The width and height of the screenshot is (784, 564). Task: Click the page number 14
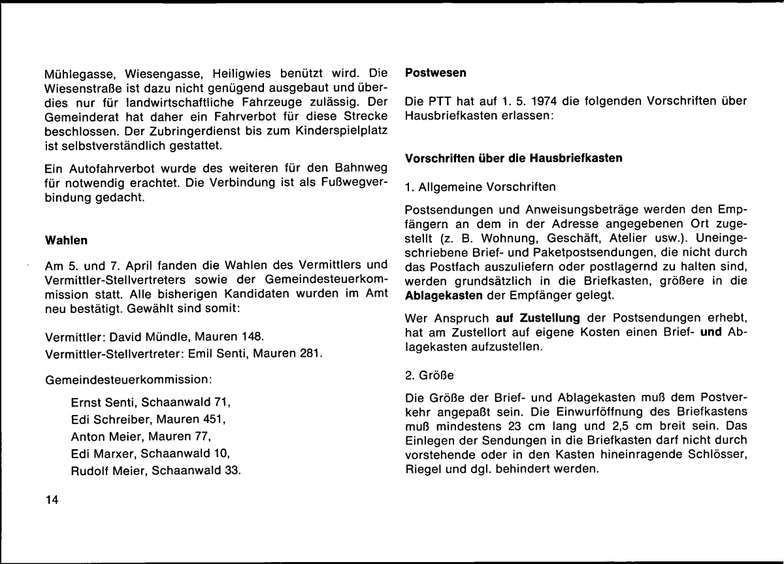coord(52,501)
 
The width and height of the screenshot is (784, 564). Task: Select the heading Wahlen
coord(66,241)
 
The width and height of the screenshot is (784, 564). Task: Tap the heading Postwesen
coord(436,73)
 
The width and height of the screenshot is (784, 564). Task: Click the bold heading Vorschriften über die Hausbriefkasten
coord(514,159)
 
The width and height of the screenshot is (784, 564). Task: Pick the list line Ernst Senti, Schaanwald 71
coord(151,402)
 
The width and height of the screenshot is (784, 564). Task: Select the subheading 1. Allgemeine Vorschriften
coord(480,188)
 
